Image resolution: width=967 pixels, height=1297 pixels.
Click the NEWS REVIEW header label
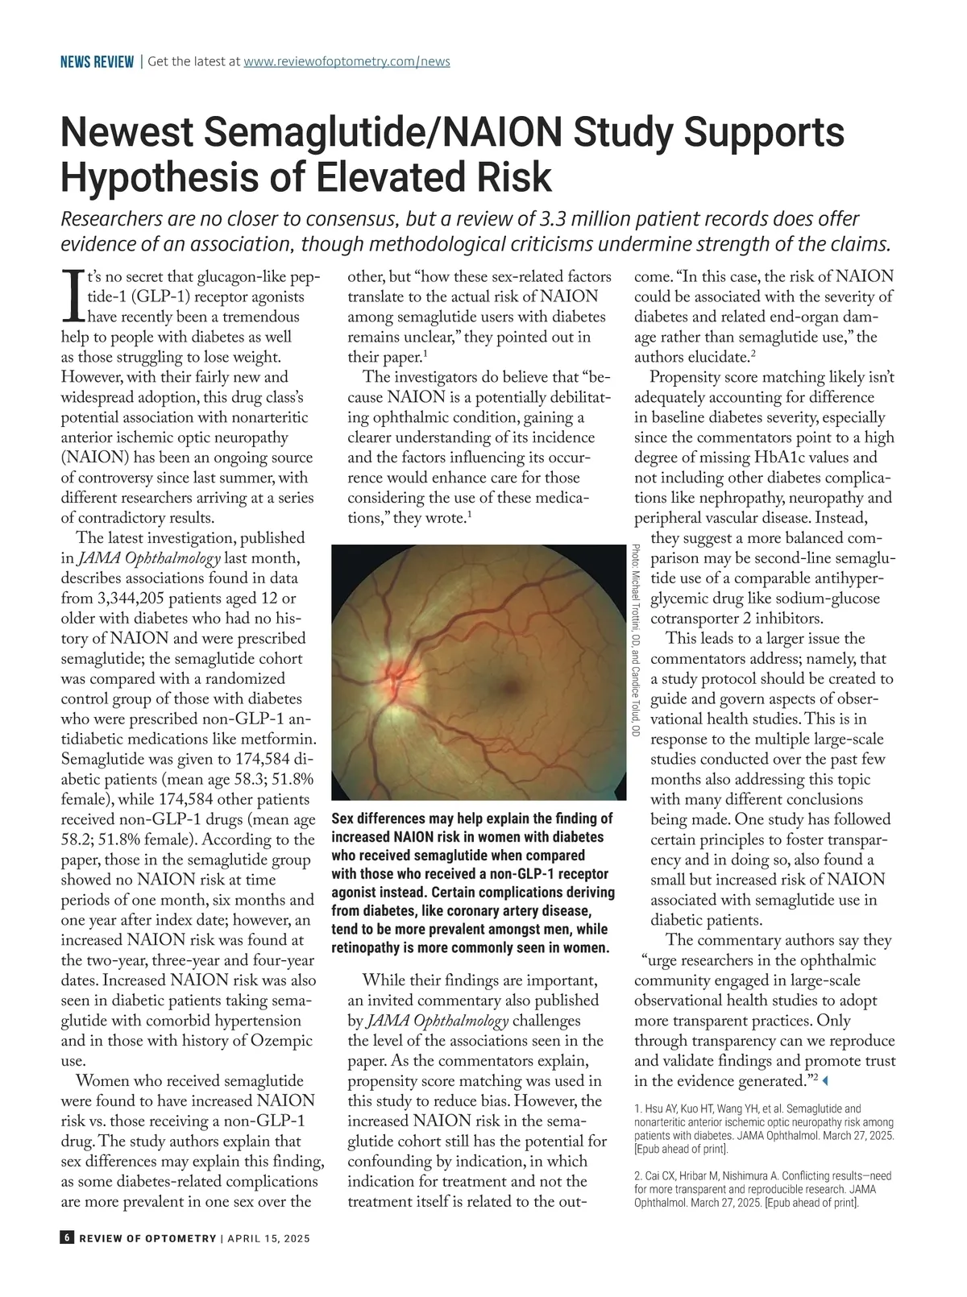pos(97,62)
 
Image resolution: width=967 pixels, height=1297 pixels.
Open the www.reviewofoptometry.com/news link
pos(347,61)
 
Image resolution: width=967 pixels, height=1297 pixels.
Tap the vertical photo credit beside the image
pos(635,640)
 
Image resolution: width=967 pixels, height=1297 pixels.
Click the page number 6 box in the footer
pos(67,1238)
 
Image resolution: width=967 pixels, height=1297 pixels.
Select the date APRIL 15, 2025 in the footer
pos(268,1239)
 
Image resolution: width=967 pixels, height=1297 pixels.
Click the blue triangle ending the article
pos(824,1080)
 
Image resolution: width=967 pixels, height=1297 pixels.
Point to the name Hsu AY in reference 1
pos(659,1109)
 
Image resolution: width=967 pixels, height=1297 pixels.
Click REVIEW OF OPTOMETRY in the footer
pos(147,1239)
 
